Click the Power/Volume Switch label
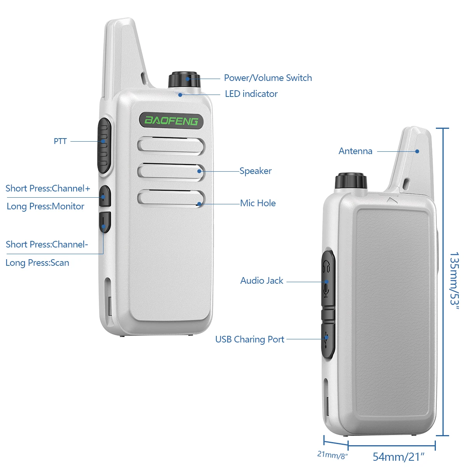point(268,78)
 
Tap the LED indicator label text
point(251,94)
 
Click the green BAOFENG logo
point(171,121)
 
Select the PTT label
point(60,141)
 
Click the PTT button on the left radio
point(104,145)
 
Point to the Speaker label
point(255,171)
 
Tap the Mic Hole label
point(258,203)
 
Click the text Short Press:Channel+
point(47,189)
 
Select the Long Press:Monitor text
point(45,206)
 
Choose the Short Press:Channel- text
point(47,244)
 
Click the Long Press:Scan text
point(37,263)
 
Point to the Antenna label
point(355,151)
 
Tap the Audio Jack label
point(262,281)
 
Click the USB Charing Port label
point(249,339)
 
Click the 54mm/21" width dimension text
point(398,456)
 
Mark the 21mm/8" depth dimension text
point(332,455)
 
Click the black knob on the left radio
point(184,79)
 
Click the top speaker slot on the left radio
point(171,145)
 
